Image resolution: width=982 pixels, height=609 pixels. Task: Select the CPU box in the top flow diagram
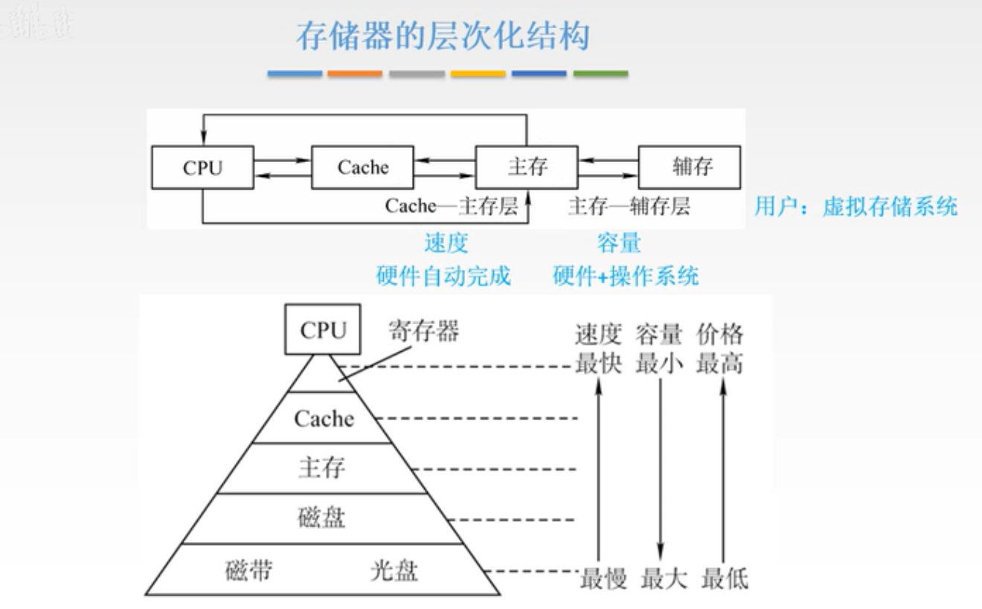pyautogui.click(x=202, y=167)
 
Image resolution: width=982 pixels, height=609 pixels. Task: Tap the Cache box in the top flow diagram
pyautogui.click(x=362, y=167)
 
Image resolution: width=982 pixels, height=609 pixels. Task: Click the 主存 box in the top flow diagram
pyautogui.click(x=527, y=167)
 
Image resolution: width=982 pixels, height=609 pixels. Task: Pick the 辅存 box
pyautogui.click(x=690, y=167)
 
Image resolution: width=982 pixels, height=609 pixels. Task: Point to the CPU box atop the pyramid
pyautogui.click(x=324, y=329)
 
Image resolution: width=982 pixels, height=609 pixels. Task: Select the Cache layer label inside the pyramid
pyautogui.click(x=324, y=419)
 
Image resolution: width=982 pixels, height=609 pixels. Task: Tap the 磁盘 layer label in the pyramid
pyautogui.click(x=322, y=517)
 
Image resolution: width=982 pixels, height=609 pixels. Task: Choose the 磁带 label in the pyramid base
pyautogui.click(x=248, y=570)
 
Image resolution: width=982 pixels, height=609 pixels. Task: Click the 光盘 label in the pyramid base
pyautogui.click(x=394, y=570)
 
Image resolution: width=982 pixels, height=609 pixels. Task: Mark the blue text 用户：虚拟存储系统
pyautogui.click(x=856, y=207)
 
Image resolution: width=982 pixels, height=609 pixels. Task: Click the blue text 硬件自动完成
pyautogui.click(x=444, y=277)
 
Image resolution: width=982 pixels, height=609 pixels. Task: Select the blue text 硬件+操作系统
pyautogui.click(x=626, y=277)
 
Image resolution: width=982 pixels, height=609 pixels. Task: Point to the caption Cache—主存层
pyautogui.click(x=451, y=206)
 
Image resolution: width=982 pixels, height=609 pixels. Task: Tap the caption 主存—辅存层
pyautogui.click(x=629, y=206)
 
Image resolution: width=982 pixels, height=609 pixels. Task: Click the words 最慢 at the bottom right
pyautogui.click(x=603, y=578)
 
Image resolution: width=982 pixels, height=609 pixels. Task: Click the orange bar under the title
pyautogui.click(x=355, y=74)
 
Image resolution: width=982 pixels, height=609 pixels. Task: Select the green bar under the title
pyautogui.click(x=600, y=74)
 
